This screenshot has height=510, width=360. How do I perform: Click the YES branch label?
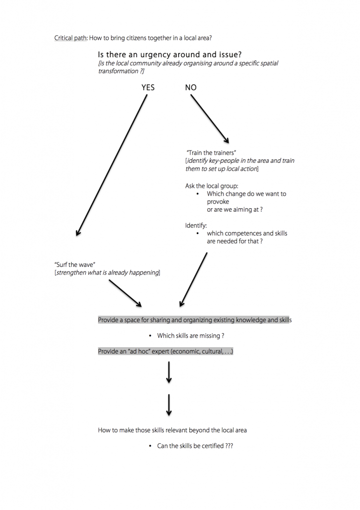click(x=148, y=88)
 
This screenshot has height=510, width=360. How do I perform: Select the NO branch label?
click(x=191, y=88)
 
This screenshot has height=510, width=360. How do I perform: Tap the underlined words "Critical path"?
click(x=71, y=38)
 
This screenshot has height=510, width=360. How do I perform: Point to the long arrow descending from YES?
click(x=111, y=165)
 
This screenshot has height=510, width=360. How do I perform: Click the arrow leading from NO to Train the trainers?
click(x=210, y=119)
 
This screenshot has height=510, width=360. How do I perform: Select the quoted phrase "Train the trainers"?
click(x=211, y=152)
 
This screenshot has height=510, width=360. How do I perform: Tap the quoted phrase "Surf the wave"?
click(x=75, y=265)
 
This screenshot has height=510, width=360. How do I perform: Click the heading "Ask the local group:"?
click(x=212, y=186)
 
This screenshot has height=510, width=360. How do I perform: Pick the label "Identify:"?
click(x=196, y=226)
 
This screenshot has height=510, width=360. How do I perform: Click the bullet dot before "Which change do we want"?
click(x=198, y=194)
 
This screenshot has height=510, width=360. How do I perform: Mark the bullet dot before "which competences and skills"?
click(x=198, y=234)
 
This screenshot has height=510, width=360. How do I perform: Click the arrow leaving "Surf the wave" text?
click(x=125, y=293)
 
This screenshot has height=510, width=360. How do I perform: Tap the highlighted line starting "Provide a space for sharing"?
click(x=195, y=320)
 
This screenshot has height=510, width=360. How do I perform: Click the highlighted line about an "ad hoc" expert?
click(x=165, y=352)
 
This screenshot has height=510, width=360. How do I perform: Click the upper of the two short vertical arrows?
click(x=169, y=373)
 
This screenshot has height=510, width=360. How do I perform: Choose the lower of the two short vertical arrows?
click(x=169, y=405)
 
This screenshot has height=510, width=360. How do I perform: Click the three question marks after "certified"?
click(x=229, y=446)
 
